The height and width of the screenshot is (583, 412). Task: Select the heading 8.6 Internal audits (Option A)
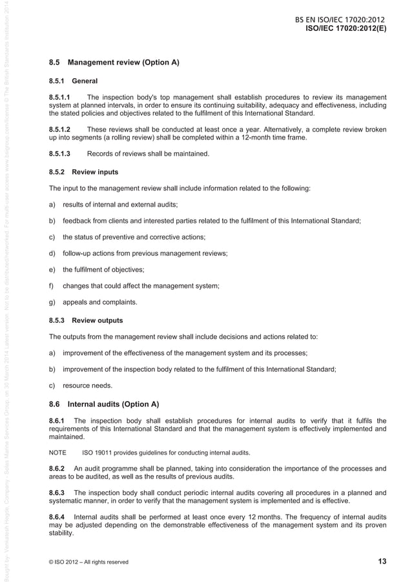(x=104, y=405)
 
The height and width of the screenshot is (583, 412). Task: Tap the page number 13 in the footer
(x=382, y=561)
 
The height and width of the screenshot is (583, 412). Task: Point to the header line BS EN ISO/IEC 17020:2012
(x=340, y=20)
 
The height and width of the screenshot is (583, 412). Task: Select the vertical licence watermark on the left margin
(x=6, y=291)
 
